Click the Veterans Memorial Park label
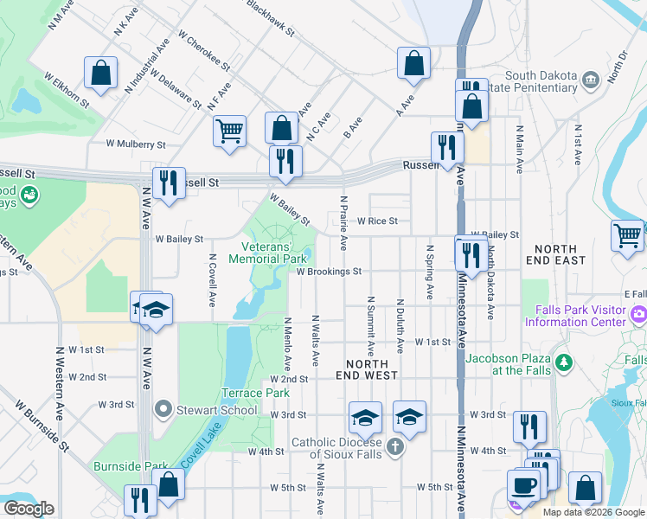point(268,253)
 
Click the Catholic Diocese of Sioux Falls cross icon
point(395,447)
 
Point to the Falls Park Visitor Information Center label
point(575,317)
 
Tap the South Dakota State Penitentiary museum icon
point(591,80)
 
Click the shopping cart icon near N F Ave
point(229,131)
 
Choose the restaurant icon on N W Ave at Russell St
point(169,183)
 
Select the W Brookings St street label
point(329,272)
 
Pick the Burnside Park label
point(131,466)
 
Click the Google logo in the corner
point(29,509)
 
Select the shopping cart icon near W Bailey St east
point(627,234)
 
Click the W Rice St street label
point(377,221)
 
